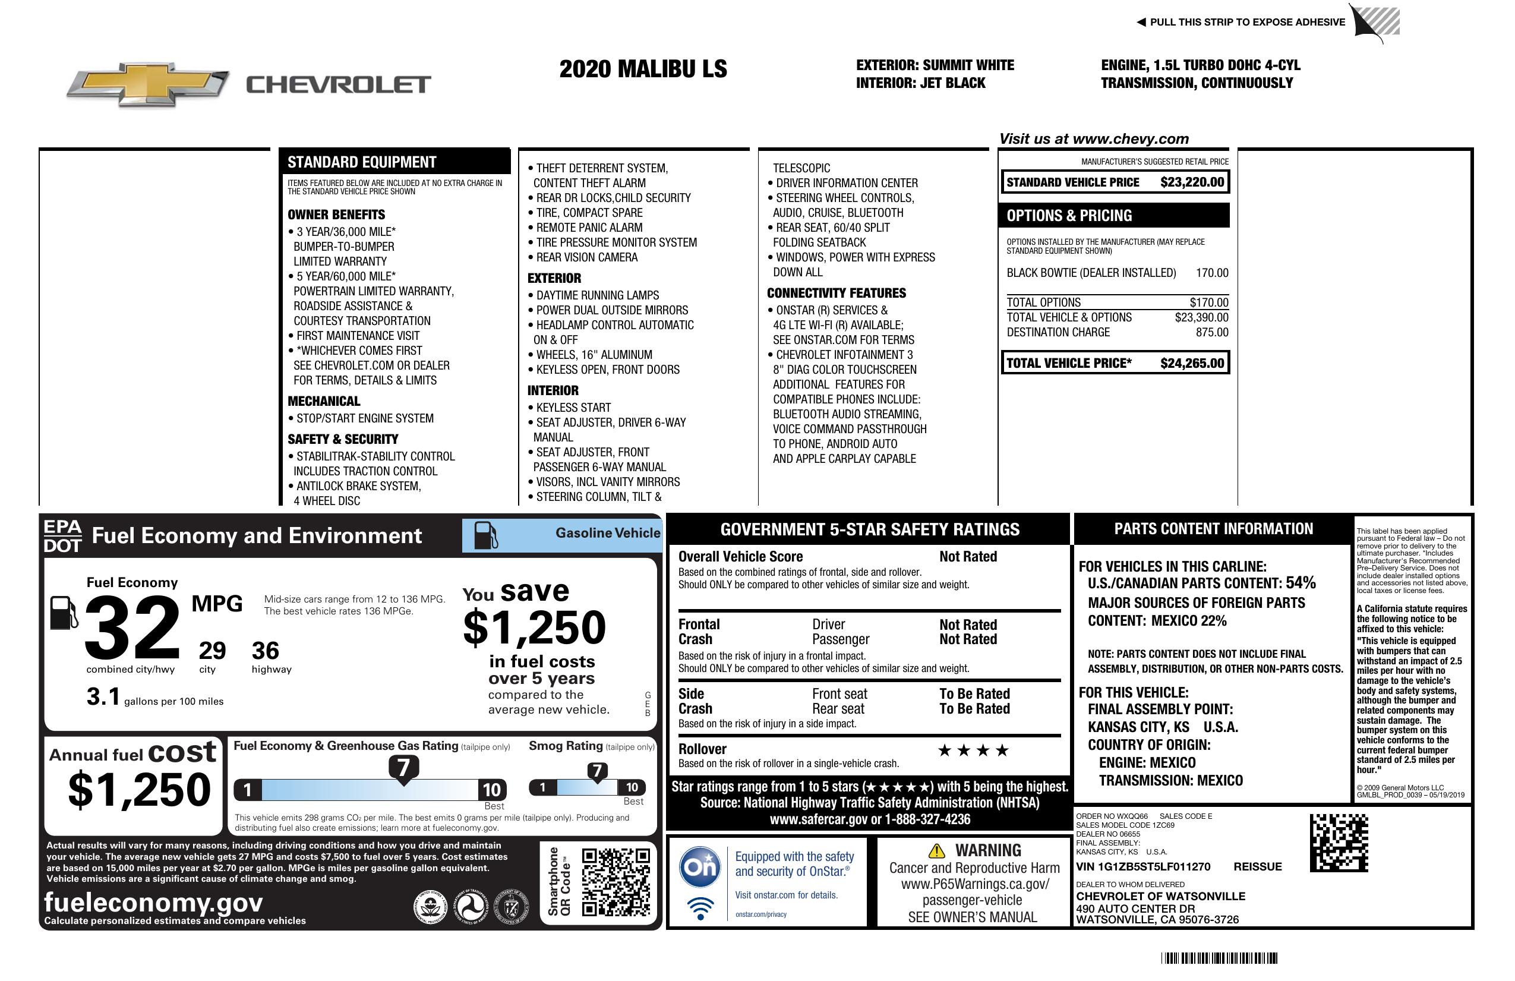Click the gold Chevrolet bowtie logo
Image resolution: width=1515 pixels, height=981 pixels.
pos(148,83)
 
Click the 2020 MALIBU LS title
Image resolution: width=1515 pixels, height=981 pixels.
pos(643,69)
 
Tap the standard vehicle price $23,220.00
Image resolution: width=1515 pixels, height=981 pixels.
pos(1192,182)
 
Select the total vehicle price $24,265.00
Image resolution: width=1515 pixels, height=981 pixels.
pos(1192,364)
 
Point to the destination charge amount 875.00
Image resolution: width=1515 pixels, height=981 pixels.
pos(1212,332)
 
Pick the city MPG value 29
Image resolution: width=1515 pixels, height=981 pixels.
pos(212,651)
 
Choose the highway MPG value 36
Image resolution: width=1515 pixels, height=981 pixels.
pos(266,651)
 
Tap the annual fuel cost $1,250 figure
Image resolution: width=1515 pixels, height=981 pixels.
pos(139,790)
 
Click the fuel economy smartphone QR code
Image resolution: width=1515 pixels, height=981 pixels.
pos(616,882)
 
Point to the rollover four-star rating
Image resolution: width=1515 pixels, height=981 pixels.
pos(973,750)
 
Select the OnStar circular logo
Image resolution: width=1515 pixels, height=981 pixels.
pos(700,866)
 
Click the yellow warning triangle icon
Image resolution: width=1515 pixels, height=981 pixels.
pos(936,851)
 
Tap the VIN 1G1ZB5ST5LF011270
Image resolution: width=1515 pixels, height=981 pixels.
pos(1142,867)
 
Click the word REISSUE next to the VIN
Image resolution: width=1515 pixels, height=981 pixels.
pos(1257,867)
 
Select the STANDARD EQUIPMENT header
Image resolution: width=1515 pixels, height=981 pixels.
pos(362,162)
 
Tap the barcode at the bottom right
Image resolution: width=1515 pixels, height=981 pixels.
pos(1219,958)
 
